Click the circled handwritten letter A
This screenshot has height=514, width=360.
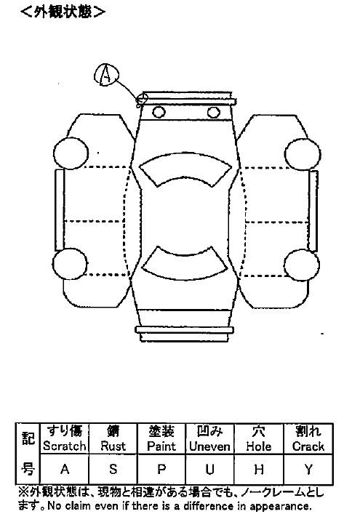pyautogui.click(x=105, y=75)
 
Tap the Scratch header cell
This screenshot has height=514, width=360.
pyautogui.click(x=64, y=438)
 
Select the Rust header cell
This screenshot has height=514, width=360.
pyautogui.click(x=113, y=438)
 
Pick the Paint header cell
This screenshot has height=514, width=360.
pyautogui.click(x=161, y=438)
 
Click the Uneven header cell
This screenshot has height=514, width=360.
pyautogui.click(x=210, y=438)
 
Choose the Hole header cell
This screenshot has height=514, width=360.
pyautogui.click(x=259, y=438)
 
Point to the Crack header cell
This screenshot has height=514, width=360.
pyautogui.click(x=308, y=438)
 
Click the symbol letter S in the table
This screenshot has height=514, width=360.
pyautogui.click(x=113, y=469)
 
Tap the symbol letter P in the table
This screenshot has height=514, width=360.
pyautogui.click(x=161, y=469)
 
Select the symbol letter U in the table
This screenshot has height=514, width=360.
pyautogui.click(x=210, y=469)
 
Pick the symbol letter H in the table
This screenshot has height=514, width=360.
pyautogui.click(x=259, y=469)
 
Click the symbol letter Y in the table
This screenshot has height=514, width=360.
pyautogui.click(x=308, y=469)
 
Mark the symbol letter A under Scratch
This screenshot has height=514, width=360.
pyautogui.click(x=65, y=469)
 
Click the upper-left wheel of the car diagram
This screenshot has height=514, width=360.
pyautogui.click(x=71, y=153)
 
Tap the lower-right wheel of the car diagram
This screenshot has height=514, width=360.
pyautogui.click(x=302, y=265)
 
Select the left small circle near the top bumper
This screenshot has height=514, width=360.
pyautogui.click(x=159, y=113)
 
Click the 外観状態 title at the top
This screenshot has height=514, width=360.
pyautogui.click(x=63, y=12)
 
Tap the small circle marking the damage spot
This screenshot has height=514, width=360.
pyautogui.click(x=143, y=98)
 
